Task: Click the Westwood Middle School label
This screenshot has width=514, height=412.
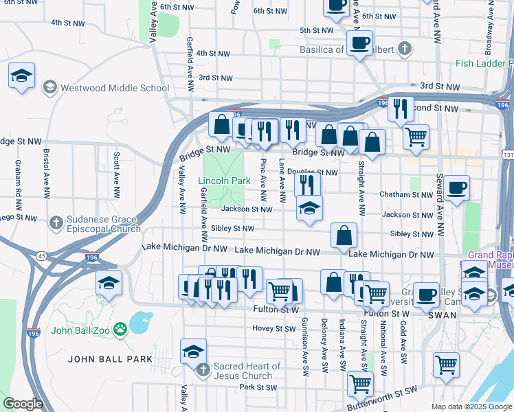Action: click(114, 88)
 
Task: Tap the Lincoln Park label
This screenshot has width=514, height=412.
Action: click(224, 181)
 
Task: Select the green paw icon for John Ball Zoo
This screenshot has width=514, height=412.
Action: click(121, 328)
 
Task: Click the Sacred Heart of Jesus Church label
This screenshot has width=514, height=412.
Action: click(242, 371)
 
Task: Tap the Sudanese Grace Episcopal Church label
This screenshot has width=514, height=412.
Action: click(103, 225)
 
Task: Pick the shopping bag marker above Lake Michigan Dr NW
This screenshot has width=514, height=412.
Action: click(344, 235)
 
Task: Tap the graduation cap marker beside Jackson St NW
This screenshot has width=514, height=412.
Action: click(309, 208)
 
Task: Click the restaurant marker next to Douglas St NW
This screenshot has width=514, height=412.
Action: click(307, 184)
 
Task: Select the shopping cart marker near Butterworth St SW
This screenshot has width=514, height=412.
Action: click(360, 384)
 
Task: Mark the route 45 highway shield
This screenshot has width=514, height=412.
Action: click(42, 257)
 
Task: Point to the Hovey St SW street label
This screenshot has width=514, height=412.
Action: click(273, 329)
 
